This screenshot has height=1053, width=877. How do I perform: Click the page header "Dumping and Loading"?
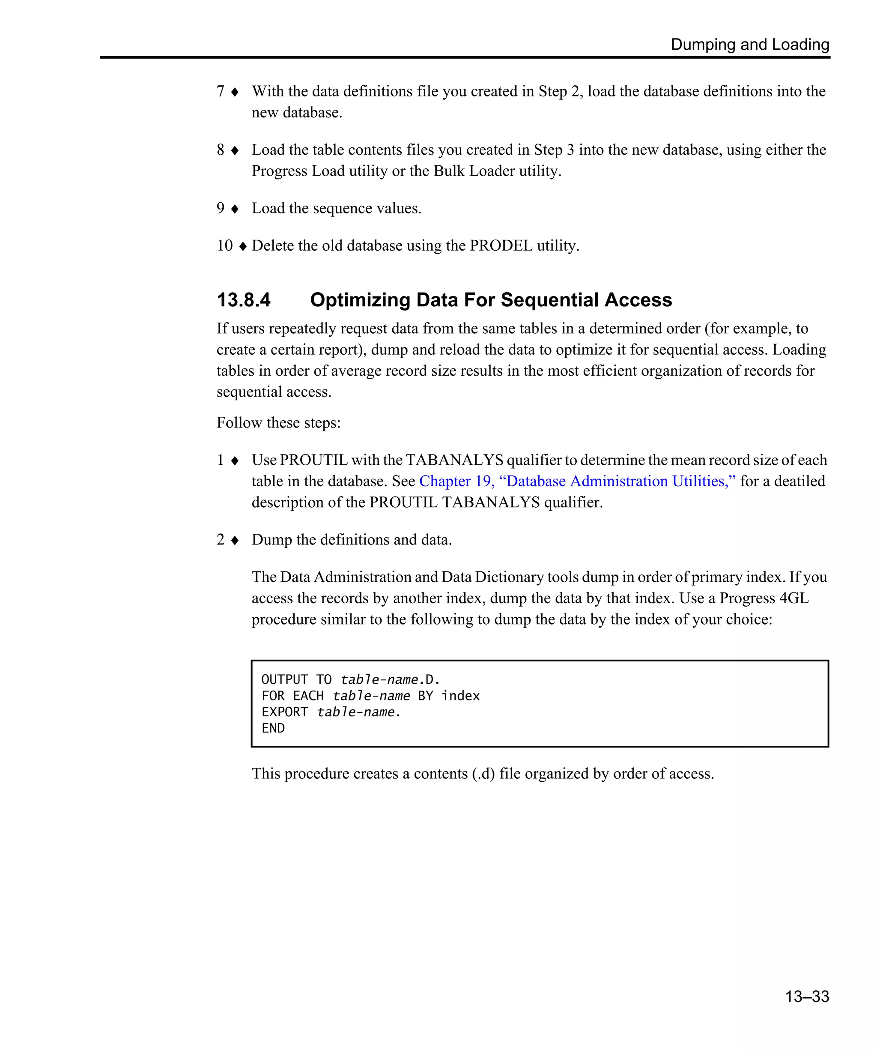tap(750, 45)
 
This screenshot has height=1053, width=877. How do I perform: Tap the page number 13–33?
tap(807, 996)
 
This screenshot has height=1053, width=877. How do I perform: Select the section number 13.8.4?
tap(244, 300)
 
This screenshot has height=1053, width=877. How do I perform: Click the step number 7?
tap(221, 91)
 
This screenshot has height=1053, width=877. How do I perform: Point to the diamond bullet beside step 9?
tap(235, 209)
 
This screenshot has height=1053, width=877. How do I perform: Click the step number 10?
tap(224, 246)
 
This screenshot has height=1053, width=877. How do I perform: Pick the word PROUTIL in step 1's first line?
tap(314, 460)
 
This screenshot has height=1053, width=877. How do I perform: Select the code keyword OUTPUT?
tap(285, 680)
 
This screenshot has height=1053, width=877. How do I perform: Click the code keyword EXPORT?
tap(285, 712)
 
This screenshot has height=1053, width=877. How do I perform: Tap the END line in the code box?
tap(273, 728)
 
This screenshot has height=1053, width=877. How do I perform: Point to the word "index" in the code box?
tap(460, 696)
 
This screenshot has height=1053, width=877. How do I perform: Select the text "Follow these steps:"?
tap(279, 423)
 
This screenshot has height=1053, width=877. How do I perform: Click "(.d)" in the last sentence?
tap(483, 774)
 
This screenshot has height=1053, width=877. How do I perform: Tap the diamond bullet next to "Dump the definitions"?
tap(235, 540)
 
